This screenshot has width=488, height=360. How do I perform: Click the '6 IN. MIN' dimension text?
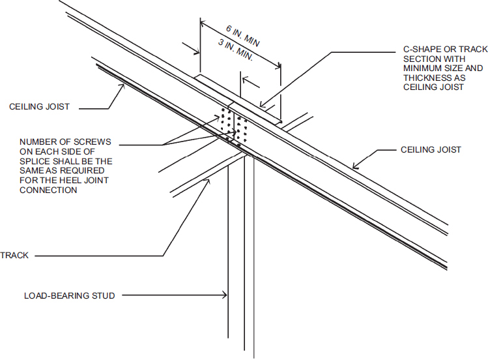coord(243,38)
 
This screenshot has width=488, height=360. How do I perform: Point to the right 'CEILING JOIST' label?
coord(431,150)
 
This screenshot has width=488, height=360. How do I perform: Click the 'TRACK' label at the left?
coord(15,256)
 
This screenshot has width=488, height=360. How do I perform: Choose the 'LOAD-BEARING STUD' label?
coord(70,296)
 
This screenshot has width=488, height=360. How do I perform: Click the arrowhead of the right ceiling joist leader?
coord(352,168)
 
